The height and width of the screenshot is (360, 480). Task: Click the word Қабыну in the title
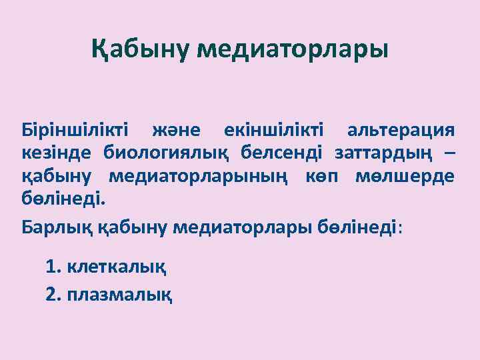(x=141, y=49)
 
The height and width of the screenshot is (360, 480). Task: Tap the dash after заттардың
(x=450, y=154)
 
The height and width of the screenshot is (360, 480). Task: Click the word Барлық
(x=59, y=227)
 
